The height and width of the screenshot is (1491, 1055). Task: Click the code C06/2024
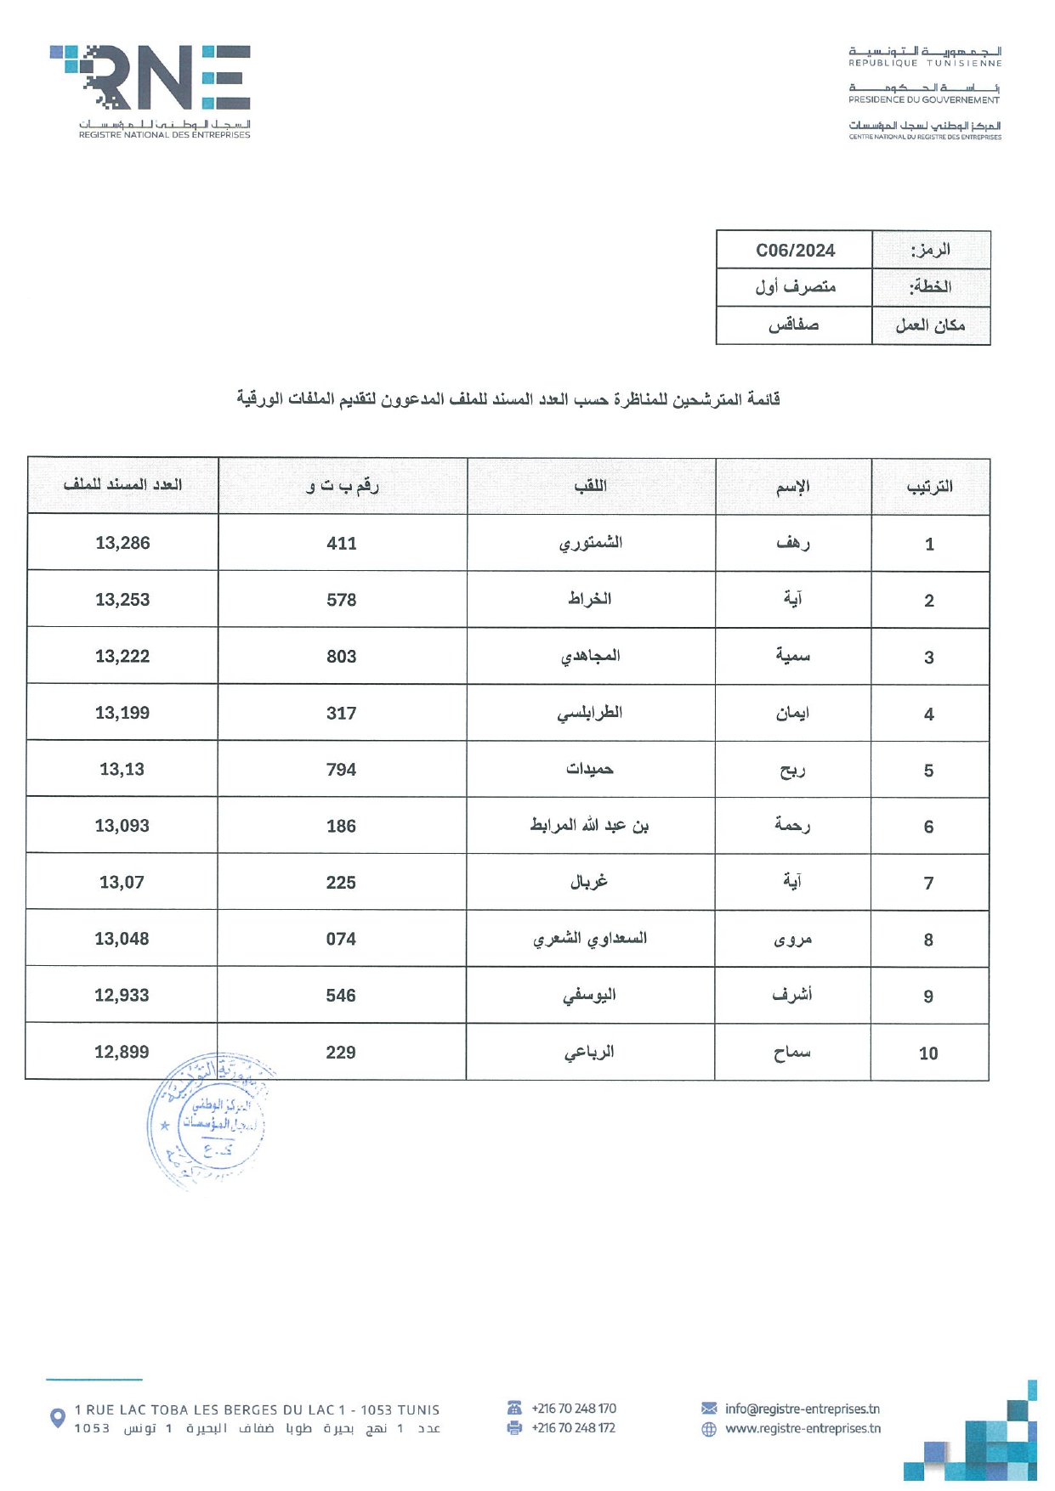point(795,251)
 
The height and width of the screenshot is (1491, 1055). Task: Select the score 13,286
point(122,543)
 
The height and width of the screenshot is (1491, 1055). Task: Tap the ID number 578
point(341,600)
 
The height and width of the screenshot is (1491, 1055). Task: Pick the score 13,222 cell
point(122,656)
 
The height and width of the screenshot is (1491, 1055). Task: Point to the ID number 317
point(341,713)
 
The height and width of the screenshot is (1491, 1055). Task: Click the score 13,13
point(122,769)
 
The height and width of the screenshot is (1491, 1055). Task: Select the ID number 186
point(341,826)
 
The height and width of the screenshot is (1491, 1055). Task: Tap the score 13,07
point(122,882)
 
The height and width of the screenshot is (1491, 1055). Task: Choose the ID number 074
point(341,939)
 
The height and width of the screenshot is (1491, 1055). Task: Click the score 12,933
point(122,995)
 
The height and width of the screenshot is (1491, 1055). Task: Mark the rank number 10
point(928,1053)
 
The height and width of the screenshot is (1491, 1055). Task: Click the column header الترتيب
point(929,487)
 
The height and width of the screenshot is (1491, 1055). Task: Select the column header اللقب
point(590,486)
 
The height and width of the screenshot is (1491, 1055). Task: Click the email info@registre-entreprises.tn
point(802,1409)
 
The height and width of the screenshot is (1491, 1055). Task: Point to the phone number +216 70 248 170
point(573,1409)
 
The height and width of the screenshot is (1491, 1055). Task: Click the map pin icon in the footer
point(58,1418)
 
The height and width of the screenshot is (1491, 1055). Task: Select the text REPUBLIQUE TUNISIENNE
point(925,63)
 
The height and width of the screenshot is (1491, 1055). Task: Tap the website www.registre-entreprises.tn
point(803,1428)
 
